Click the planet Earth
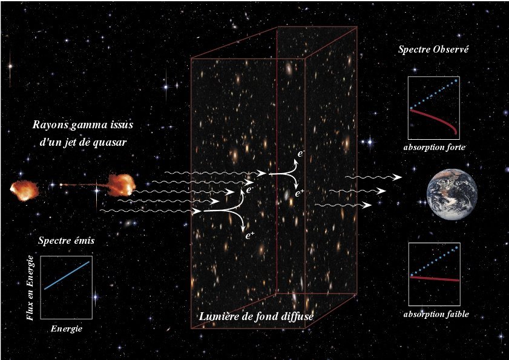[x=452, y=194]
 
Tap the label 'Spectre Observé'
[x=433, y=50]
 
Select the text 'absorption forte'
[x=435, y=147]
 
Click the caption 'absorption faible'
[x=436, y=314]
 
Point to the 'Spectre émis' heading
[x=66, y=240]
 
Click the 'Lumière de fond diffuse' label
[x=256, y=316]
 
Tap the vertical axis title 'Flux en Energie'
[x=30, y=287]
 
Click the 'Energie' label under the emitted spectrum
[x=66, y=329]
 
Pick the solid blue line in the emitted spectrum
[x=67, y=275]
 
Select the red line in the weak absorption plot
[x=435, y=278]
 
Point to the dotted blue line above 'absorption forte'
[x=434, y=94]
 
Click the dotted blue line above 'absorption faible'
[x=435, y=261]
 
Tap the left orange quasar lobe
[x=24, y=191]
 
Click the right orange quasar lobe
[x=121, y=185]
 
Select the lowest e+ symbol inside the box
[x=249, y=236]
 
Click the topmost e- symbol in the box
[x=301, y=153]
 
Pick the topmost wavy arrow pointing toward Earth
[x=373, y=177]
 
